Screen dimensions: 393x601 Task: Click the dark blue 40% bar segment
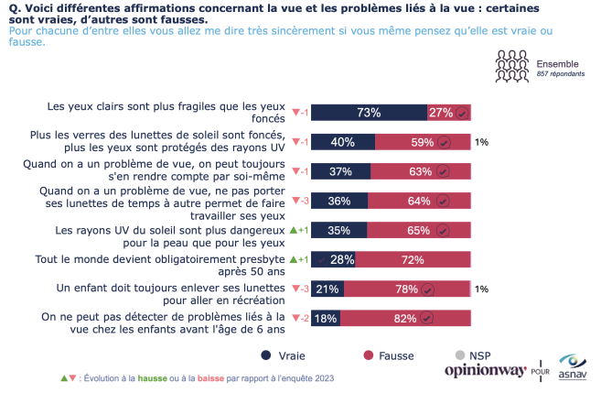pos(343,142)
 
